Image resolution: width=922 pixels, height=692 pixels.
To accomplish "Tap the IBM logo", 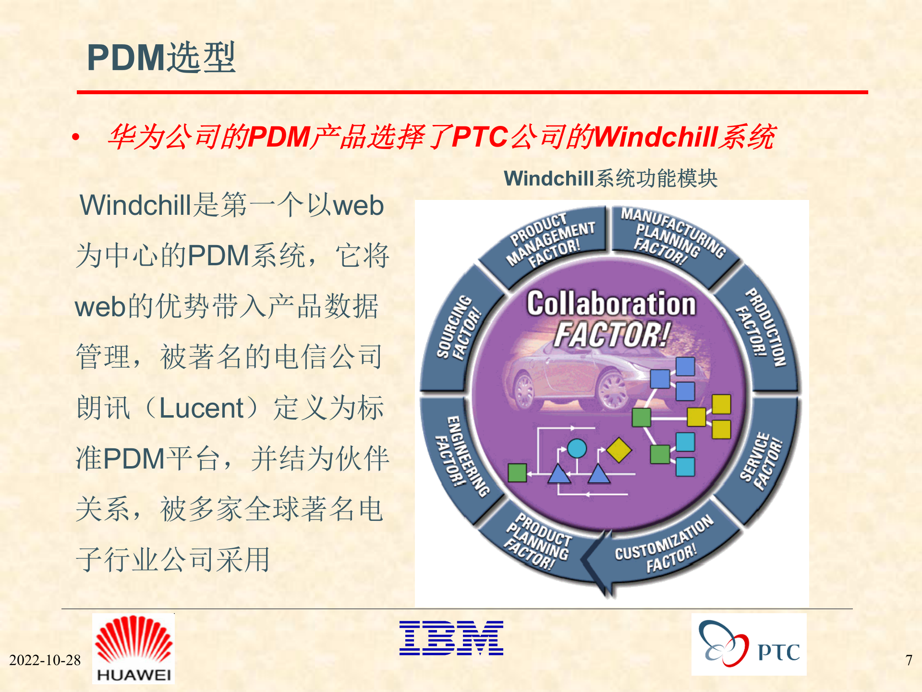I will [x=451, y=638].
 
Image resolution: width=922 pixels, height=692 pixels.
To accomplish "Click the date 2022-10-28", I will [x=45, y=660].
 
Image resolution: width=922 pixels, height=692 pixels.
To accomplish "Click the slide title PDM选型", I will [x=161, y=58].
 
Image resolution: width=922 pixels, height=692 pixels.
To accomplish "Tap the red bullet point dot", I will [x=75, y=138].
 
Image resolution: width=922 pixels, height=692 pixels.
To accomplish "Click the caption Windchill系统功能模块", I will [x=610, y=178].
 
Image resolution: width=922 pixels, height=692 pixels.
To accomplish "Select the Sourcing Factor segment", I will [x=456, y=329].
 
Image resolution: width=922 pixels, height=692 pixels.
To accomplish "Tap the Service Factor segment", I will [x=761, y=461].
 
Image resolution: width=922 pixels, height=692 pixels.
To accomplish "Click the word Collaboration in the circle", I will [x=611, y=304].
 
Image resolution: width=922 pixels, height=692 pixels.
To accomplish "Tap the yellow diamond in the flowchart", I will [x=619, y=450].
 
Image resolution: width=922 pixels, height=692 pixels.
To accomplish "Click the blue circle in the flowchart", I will [x=577, y=448].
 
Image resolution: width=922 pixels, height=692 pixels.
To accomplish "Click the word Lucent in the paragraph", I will [x=201, y=408].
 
